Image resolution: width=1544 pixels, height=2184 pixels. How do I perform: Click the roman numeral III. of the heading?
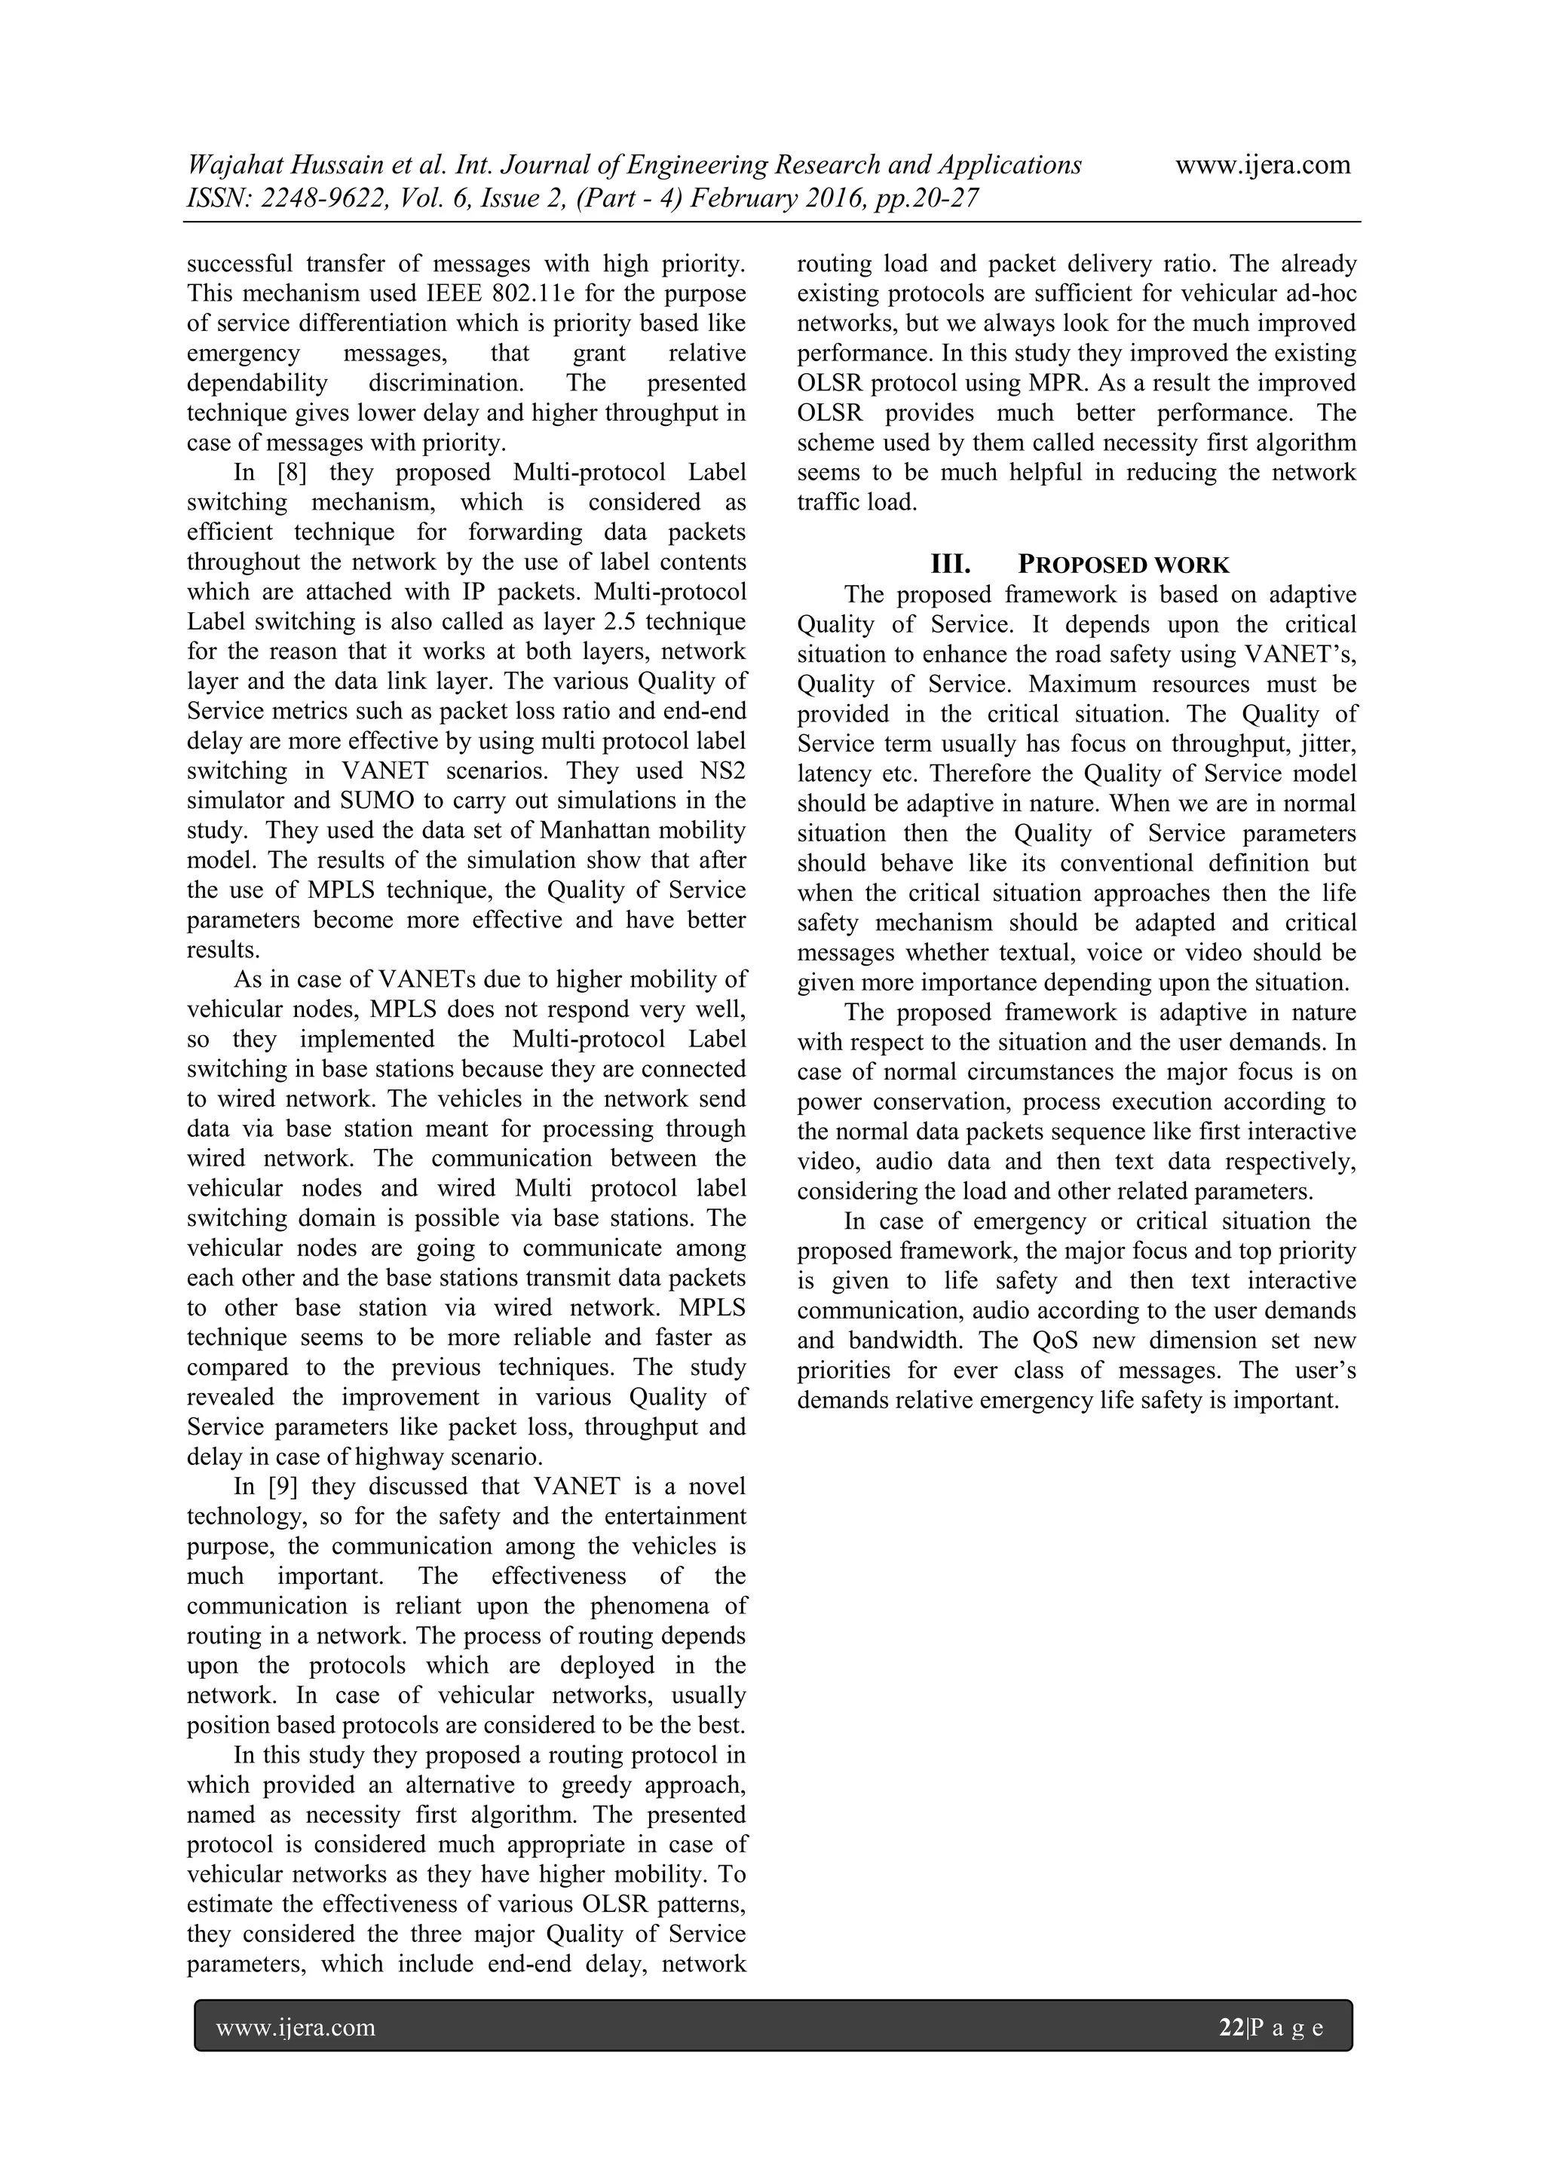pyautogui.click(x=951, y=565)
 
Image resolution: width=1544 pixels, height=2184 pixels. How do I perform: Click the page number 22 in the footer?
pyautogui.click(x=1231, y=2029)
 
